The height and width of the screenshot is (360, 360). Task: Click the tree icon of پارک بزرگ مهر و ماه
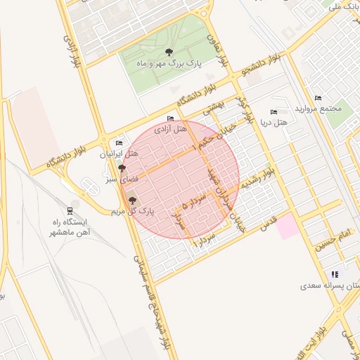tap(169, 52)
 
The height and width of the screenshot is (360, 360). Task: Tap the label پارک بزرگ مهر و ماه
tap(169, 63)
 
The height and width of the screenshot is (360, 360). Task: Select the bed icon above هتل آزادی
tap(169, 118)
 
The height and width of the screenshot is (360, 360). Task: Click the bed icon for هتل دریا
tap(274, 112)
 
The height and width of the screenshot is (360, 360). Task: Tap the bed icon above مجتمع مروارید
tap(318, 98)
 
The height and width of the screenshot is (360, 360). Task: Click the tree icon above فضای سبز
tap(122, 169)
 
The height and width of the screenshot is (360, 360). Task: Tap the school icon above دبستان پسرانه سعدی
tap(335, 274)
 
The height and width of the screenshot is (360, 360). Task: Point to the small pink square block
tap(286, 226)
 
